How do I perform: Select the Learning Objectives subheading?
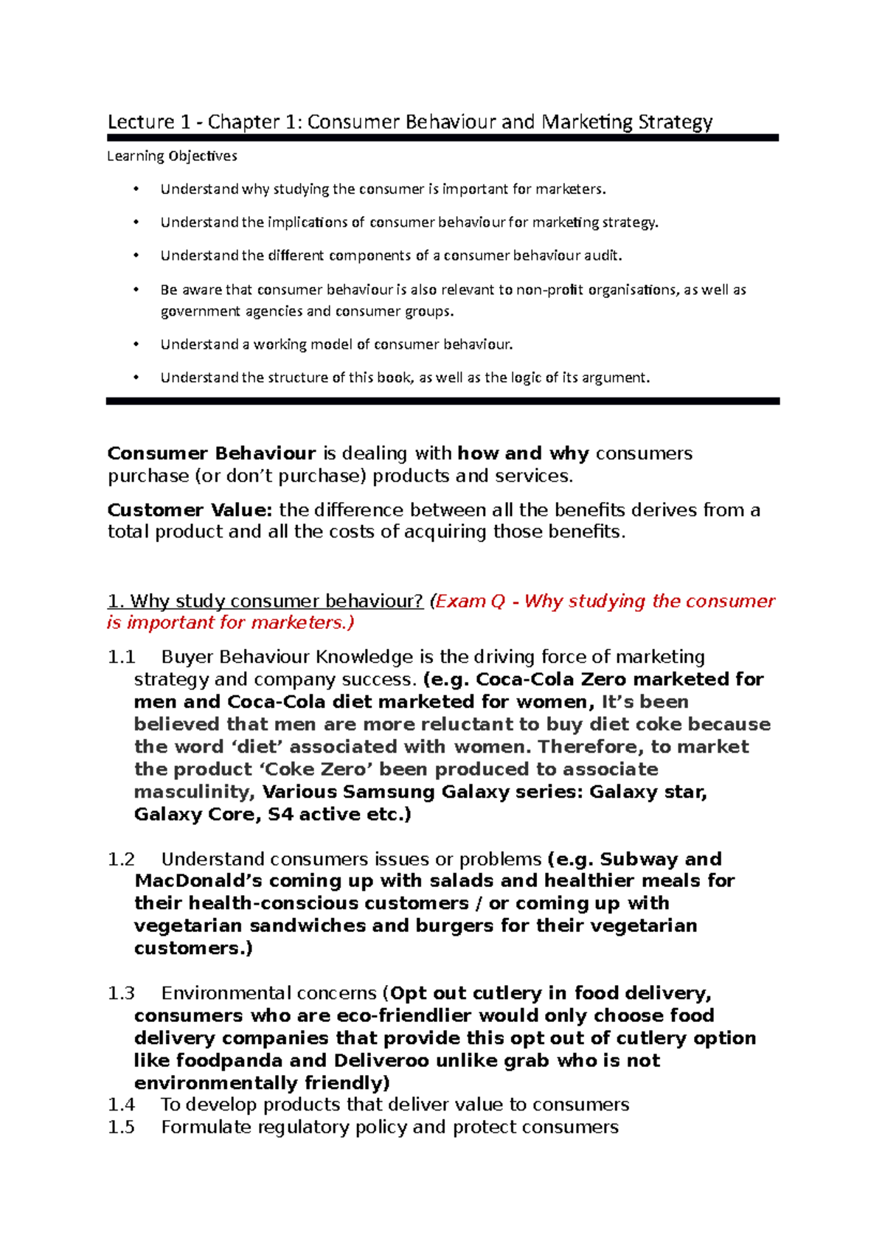coord(173,156)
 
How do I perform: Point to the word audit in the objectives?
coord(603,256)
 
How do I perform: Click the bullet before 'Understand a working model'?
coord(136,344)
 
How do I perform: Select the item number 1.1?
coord(121,657)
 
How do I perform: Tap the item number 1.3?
coord(121,993)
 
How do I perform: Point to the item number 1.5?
coord(121,1127)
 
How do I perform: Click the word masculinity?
coord(194,792)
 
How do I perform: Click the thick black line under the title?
coord(442,138)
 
